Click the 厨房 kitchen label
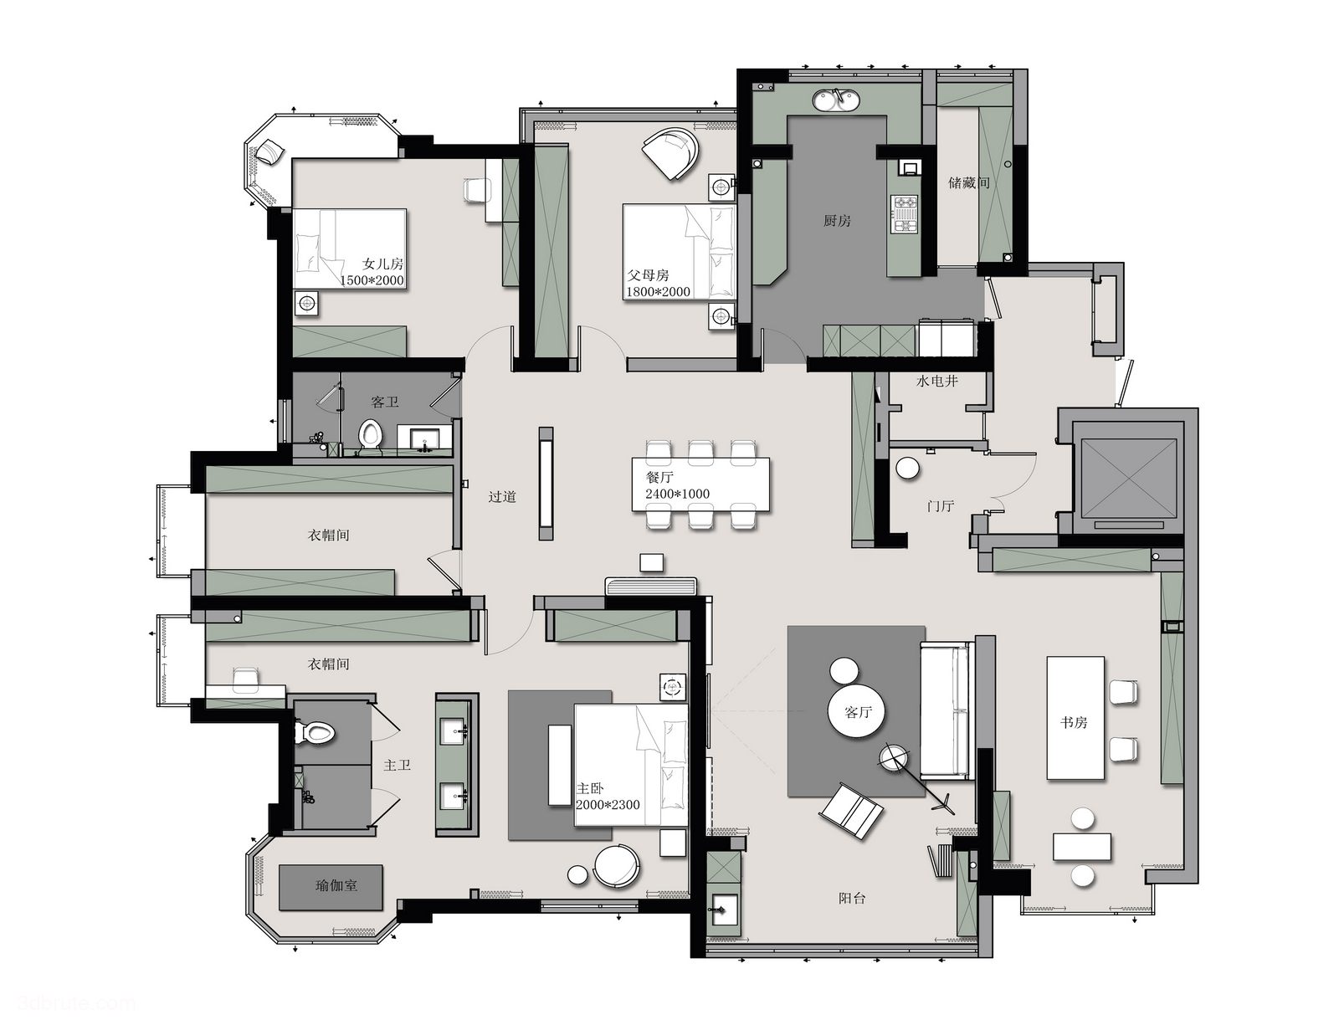click(x=837, y=221)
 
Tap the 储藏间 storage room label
click(x=968, y=182)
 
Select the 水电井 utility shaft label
click(x=936, y=382)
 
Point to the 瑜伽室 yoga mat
click(x=331, y=887)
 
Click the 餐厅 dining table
click(x=700, y=484)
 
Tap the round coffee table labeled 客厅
click(x=858, y=712)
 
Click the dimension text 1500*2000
click(x=372, y=281)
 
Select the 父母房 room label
click(x=648, y=275)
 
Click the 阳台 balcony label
click(x=852, y=898)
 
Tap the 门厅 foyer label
click(x=941, y=506)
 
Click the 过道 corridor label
click(x=501, y=496)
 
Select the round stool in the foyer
click(x=908, y=469)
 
